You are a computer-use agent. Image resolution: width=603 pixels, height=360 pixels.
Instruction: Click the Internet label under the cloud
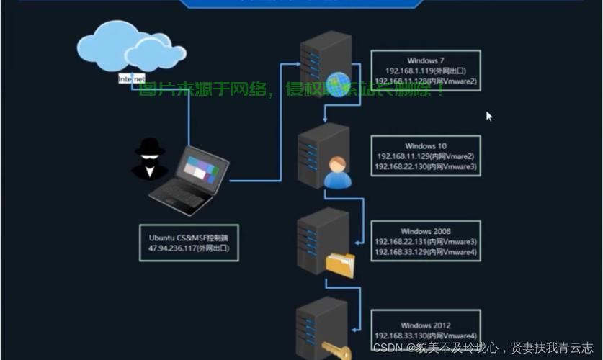point(131,78)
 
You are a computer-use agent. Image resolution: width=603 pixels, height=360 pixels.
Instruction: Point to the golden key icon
point(334,350)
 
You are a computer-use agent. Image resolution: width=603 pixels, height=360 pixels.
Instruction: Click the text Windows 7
point(426,60)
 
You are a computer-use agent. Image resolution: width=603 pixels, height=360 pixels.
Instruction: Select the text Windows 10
point(425,146)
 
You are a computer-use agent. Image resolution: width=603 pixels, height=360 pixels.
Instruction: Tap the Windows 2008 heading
point(426,231)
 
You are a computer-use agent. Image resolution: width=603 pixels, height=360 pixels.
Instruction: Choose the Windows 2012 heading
point(426,325)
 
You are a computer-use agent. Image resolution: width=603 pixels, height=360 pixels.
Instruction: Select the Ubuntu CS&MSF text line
point(188,237)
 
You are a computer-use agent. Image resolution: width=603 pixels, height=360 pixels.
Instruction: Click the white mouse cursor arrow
point(489,116)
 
